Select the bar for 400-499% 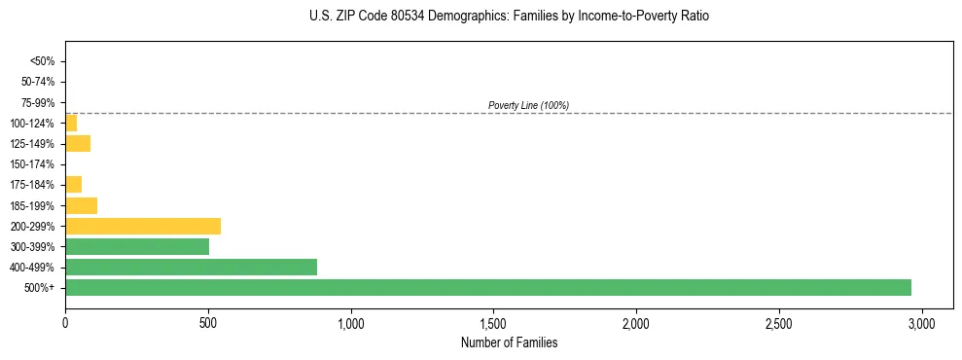click(191, 267)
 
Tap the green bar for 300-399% click(137, 246)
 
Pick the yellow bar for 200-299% click(143, 226)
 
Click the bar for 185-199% click(81, 205)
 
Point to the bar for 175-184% click(73, 184)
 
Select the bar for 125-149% click(78, 143)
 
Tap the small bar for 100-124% click(71, 123)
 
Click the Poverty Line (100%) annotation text click(528, 105)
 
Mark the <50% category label click(43, 61)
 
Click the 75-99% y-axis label click(38, 102)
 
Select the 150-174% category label click(34, 163)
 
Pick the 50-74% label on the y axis click(38, 82)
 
